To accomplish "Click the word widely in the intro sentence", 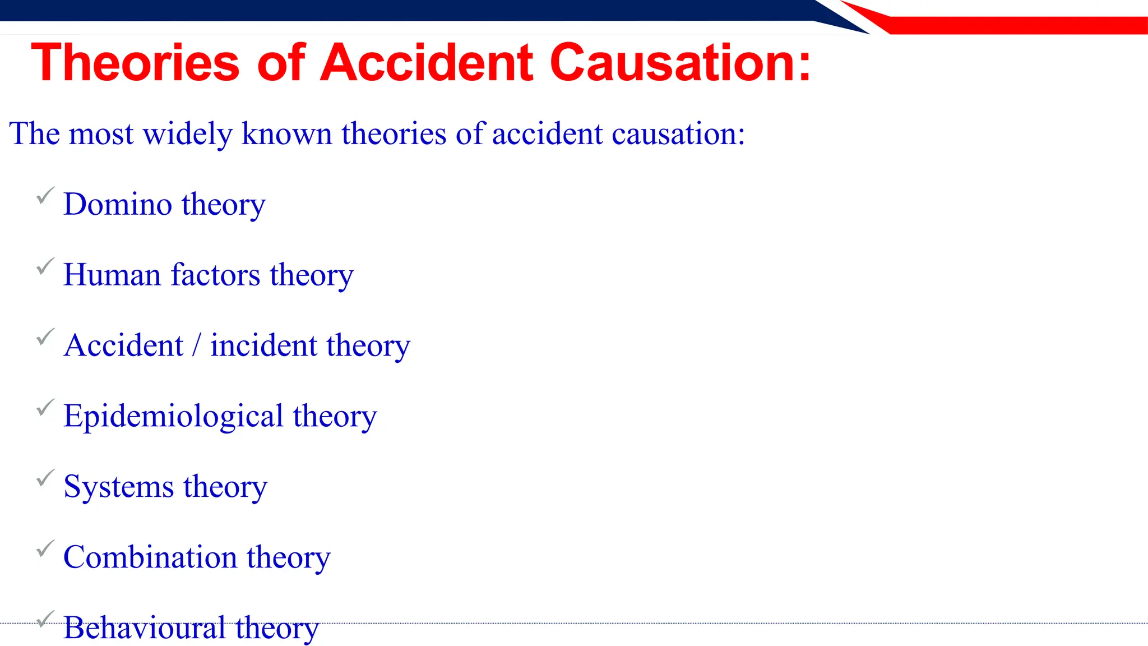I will click(187, 134).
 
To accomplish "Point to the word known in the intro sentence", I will click(286, 134).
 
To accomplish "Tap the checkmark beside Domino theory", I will click(45, 196).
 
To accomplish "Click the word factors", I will click(215, 275).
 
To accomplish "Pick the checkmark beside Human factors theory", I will click(45, 266).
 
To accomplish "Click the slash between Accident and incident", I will click(196, 345).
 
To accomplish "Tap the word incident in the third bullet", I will click(263, 345).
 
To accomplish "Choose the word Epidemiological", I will click(173, 416).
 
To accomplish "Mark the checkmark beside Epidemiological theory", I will click(45, 408).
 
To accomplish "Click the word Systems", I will click(118, 487).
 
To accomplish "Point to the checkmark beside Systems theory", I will click(45, 478).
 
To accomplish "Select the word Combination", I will click(150, 557).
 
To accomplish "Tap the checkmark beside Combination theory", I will click(45, 549).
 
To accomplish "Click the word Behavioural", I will click(144, 627).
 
